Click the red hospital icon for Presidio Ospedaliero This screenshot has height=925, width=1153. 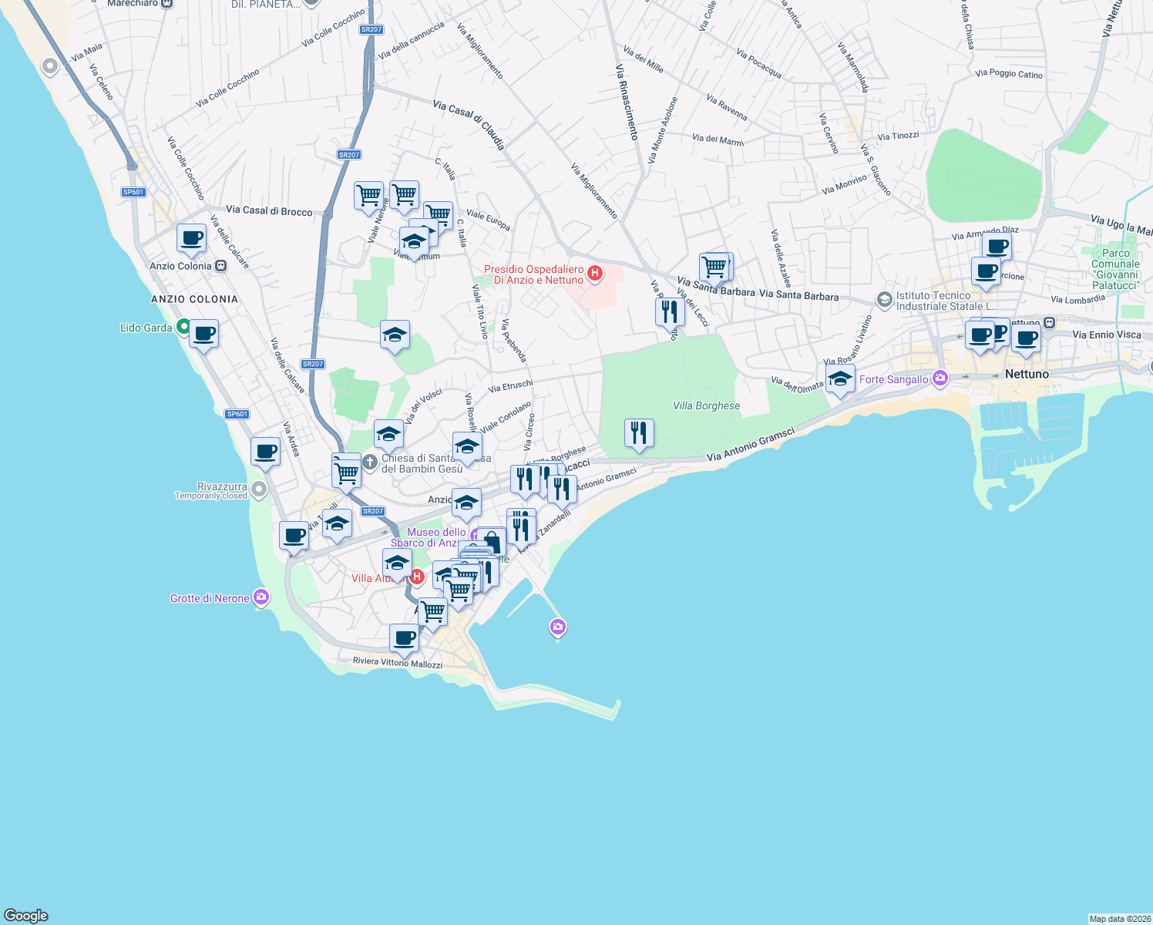click(x=595, y=273)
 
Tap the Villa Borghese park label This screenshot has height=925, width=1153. click(x=706, y=406)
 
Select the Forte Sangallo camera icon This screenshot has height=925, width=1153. click(x=940, y=378)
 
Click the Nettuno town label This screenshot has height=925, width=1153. click(x=1027, y=374)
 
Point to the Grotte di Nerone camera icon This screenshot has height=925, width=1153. click(x=261, y=597)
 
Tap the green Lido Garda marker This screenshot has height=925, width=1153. click(x=183, y=327)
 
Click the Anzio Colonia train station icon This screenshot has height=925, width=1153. click(x=221, y=266)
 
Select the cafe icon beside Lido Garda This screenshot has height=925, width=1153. click(x=204, y=335)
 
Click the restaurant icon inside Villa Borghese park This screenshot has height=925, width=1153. click(x=639, y=434)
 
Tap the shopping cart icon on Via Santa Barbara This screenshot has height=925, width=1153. click(x=714, y=267)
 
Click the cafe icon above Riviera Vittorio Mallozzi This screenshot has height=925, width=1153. click(x=405, y=638)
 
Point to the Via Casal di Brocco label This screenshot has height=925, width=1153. click(x=269, y=210)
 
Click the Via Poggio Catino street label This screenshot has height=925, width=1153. click(x=1008, y=74)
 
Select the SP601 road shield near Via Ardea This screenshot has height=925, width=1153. click(x=237, y=414)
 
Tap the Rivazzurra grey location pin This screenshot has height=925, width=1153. click(x=259, y=489)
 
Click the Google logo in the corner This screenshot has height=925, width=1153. click(x=26, y=915)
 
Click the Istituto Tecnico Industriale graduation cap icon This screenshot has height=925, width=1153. click(x=885, y=298)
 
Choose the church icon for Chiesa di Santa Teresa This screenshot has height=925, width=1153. click(x=370, y=462)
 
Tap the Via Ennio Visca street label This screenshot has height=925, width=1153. click(x=1106, y=335)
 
